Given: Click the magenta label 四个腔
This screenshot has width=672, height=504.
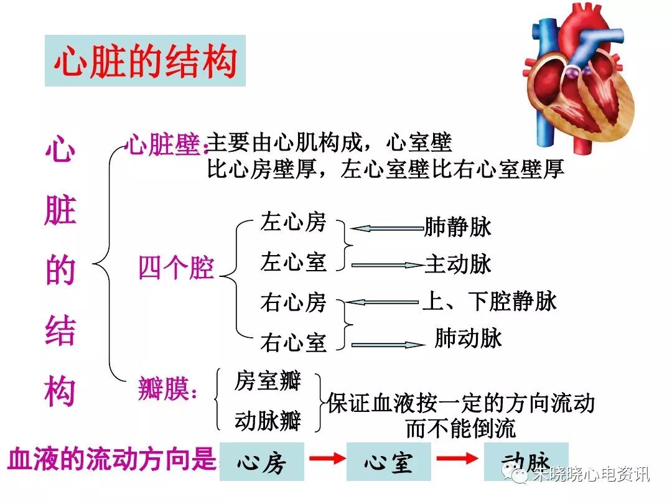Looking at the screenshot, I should point(176,268).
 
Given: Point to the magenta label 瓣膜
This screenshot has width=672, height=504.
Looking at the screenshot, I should point(167,390).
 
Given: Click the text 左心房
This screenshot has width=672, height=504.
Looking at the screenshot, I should point(293,223).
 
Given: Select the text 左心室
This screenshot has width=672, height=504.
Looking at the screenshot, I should point(293,262).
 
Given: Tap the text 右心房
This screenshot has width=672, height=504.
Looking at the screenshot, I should point(293,302).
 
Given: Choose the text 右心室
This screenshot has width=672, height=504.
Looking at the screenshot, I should point(293,342).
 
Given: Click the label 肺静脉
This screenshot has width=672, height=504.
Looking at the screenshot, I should point(457,227).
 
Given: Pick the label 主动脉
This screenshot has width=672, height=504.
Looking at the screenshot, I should point(458,264).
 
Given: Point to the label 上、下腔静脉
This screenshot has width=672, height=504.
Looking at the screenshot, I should point(490,302).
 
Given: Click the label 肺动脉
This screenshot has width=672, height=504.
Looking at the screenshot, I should point(468,338).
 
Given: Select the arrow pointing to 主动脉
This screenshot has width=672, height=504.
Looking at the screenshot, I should point(387,265).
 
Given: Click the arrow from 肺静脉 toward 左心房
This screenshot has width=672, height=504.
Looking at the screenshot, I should point(386,229).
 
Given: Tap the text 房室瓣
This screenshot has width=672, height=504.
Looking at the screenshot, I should point(268,381).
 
